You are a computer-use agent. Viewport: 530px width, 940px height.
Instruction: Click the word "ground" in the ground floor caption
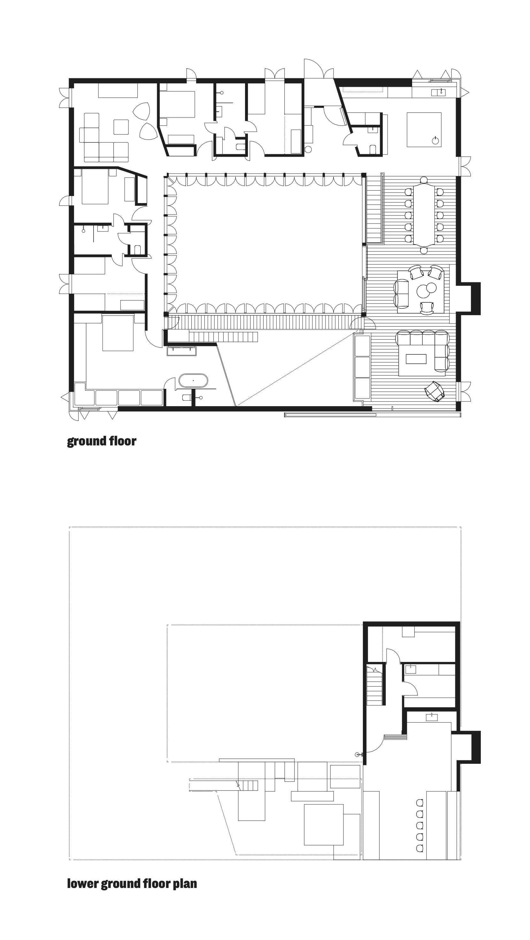click(86, 442)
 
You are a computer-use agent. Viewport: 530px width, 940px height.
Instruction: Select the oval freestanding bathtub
click(193, 381)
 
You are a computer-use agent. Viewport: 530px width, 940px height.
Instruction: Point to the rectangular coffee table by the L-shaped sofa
click(416, 359)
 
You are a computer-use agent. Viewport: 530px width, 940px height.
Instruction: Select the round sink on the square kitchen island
click(435, 140)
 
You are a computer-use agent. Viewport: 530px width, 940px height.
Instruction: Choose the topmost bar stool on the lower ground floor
click(420, 802)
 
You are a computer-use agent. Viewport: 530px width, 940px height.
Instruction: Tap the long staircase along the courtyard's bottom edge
click(265, 322)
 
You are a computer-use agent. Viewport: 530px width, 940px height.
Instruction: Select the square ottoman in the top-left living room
click(121, 127)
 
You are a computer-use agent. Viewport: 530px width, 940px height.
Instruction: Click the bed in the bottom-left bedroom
click(118, 333)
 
